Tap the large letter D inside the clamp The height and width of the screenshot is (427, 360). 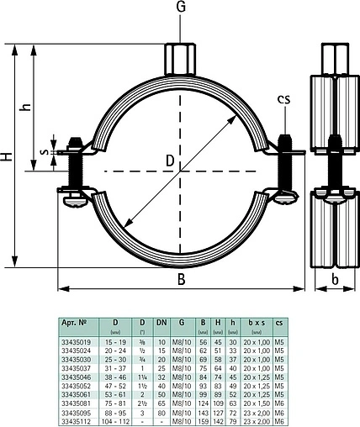coord(169,159)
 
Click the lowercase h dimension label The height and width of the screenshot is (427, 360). coord(26,107)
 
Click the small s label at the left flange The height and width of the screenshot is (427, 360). coord(47,156)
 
